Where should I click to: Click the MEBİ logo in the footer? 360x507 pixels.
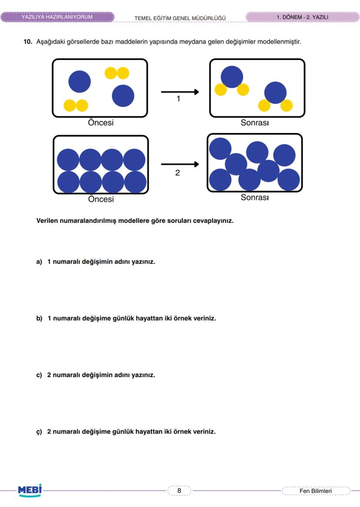point(30,490)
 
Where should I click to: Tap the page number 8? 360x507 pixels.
point(179,491)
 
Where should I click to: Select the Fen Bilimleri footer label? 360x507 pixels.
point(316,491)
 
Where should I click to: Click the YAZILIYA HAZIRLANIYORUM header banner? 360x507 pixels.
point(57,17)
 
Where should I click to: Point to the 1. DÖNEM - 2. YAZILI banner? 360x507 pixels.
point(302,17)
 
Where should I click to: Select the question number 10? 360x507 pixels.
point(28,42)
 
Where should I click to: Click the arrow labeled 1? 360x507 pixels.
point(180,92)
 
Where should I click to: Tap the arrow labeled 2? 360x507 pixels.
point(180,164)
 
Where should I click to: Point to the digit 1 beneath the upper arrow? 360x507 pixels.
point(178,99)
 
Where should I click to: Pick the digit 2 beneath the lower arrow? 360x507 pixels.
point(177,172)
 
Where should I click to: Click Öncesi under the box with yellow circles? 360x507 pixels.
point(100,123)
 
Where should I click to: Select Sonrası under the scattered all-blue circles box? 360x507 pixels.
point(254,197)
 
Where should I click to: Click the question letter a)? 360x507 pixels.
point(39,262)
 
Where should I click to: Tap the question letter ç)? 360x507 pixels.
point(39,432)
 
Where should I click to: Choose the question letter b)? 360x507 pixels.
point(39,318)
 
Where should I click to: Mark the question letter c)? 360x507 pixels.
point(39,375)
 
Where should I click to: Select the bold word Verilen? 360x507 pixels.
point(47,220)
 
